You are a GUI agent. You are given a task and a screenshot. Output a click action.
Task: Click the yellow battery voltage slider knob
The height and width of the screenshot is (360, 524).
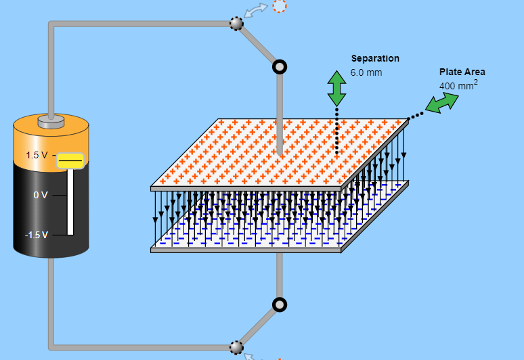[70, 161]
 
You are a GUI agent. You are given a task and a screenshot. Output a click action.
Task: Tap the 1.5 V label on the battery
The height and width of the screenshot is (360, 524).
[37, 155]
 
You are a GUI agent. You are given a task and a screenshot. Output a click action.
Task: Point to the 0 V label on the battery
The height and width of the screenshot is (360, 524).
[41, 195]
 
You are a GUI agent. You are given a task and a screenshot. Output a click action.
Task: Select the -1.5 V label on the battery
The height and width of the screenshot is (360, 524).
[37, 235]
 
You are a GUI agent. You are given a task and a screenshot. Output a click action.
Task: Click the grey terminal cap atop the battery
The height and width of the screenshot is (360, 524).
[51, 122]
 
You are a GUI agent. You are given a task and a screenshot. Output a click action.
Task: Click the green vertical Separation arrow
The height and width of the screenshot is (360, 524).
[336, 89]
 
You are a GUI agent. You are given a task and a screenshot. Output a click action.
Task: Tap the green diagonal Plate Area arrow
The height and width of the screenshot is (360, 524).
[442, 103]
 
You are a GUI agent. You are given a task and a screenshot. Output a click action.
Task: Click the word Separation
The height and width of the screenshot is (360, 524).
[375, 58]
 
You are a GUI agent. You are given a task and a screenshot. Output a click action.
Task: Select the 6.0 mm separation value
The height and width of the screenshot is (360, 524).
[366, 72]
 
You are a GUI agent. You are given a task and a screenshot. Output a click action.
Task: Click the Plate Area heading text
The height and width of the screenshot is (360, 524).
[462, 72]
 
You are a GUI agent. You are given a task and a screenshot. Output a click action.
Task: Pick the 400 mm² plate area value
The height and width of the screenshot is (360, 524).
[458, 85]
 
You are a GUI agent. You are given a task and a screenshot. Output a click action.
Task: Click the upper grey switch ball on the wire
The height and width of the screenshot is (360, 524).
[236, 24]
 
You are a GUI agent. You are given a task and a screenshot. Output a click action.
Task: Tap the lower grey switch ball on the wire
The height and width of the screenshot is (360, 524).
[236, 348]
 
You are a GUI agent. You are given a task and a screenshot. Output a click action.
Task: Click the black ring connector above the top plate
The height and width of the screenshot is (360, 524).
[280, 67]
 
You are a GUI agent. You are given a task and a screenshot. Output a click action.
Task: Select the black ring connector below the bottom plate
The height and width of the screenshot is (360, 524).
[280, 305]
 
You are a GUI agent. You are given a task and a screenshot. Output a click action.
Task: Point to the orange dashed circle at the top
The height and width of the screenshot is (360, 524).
[280, 6]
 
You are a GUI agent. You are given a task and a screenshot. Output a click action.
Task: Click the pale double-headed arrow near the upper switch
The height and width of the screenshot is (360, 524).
[256, 10]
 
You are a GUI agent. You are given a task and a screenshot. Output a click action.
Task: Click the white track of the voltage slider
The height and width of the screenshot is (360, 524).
[70, 202]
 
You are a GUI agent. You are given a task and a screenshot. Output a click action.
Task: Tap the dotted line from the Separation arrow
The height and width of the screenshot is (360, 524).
[336, 131]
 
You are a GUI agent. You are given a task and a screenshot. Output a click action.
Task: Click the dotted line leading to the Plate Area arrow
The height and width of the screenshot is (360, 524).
[416, 116]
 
